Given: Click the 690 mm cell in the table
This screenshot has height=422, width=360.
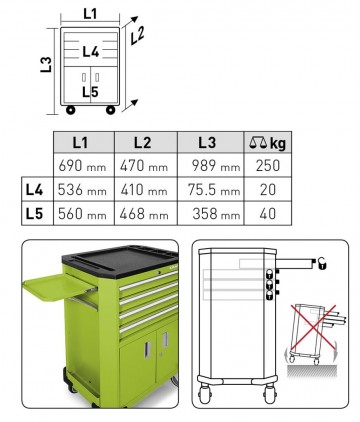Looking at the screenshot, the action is [82, 165].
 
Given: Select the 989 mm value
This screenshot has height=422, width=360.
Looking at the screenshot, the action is [216, 165].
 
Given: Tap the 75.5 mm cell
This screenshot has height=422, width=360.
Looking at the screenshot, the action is [214, 190].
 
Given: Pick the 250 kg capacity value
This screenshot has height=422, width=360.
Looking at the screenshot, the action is [268, 165].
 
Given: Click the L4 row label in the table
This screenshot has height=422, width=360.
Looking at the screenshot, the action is [34, 190].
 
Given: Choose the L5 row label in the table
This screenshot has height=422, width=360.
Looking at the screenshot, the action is [34, 214].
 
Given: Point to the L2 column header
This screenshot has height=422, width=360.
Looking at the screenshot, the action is [142, 142].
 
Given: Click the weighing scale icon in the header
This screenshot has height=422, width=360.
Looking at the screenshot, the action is [258, 143].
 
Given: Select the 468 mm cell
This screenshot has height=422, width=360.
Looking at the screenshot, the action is [144, 214].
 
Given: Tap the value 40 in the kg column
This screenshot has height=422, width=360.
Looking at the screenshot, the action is [268, 214].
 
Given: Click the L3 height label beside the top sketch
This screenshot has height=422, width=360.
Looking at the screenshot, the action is [46, 65].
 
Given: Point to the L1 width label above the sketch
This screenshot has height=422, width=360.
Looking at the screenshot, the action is [90, 14].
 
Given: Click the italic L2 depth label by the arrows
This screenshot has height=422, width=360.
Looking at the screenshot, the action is [137, 35].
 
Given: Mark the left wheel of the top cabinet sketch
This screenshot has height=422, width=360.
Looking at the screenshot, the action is [71, 110].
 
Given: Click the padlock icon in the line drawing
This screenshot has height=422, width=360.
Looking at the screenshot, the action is [322, 263].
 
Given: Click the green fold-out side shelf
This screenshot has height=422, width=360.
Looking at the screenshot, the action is [57, 286].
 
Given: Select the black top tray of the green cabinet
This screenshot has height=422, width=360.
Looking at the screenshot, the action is [120, 261].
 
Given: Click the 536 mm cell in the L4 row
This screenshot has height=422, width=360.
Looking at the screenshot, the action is [82, 190].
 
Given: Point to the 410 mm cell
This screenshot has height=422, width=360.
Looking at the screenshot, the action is [144, 190].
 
